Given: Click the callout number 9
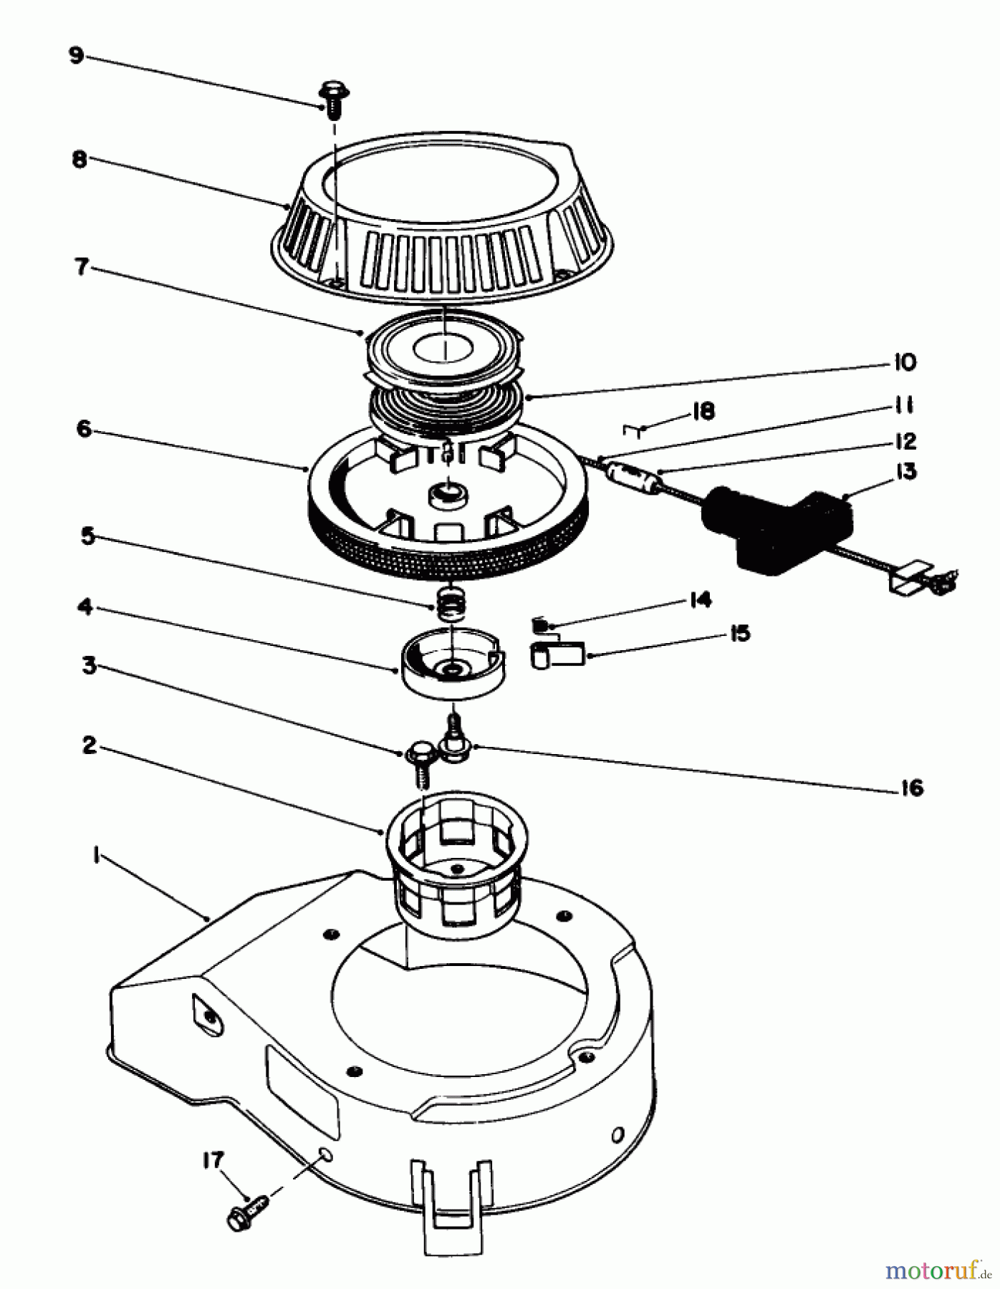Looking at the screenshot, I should [x=76, y=55].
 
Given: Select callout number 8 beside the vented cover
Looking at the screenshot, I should [x=79, y=158].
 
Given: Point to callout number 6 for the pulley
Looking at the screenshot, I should [x=84, y=429].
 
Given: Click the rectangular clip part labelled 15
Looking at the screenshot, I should [x=558, y=655].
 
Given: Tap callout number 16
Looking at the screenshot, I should [x=911, y=788].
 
